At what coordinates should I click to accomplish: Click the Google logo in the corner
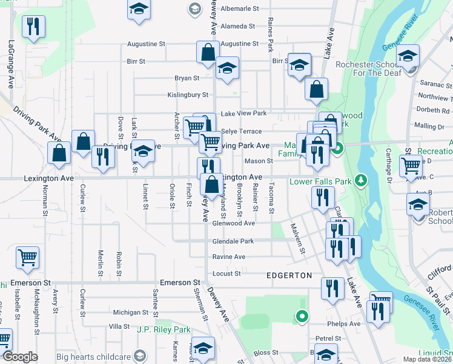coord(20,357)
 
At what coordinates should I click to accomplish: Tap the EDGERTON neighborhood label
coord(289,275)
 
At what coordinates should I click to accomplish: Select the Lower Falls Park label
coord(321,181)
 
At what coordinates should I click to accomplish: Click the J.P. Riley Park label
coord(164,330)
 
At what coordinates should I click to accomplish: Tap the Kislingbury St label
coord(188,95)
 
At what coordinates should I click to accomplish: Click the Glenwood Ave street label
coord(233,223)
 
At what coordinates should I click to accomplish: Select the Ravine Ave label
coord(228,257)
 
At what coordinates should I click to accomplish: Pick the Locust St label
coord(227,274)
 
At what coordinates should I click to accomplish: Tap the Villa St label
coord(119,326)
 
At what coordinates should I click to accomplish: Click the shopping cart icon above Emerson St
coord(27,258)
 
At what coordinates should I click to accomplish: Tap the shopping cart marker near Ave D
coord(411,164)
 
